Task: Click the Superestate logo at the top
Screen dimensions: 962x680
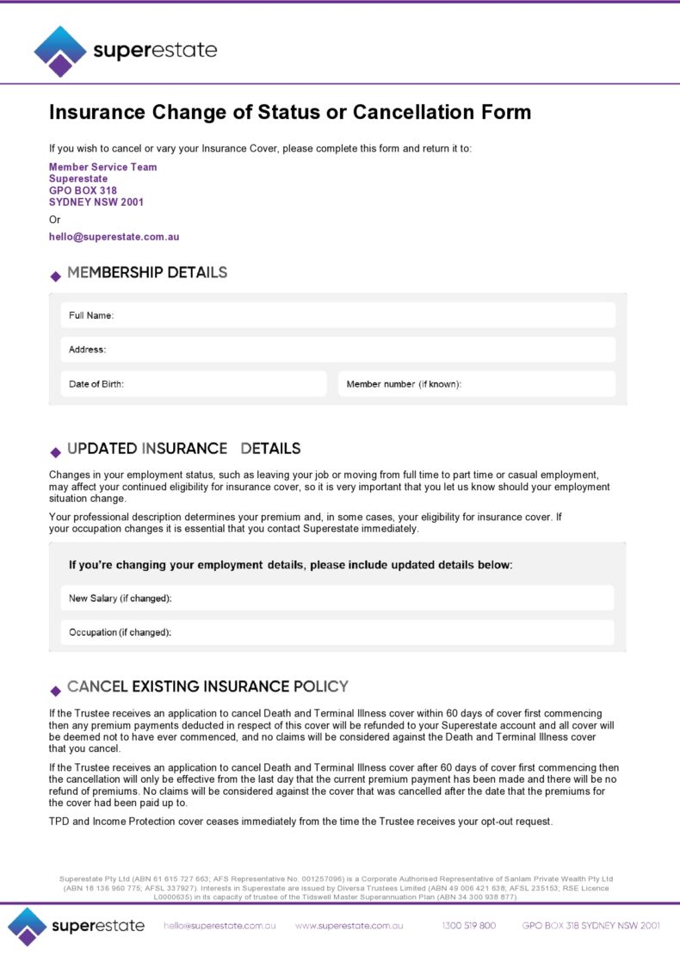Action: click(x=125, y=51)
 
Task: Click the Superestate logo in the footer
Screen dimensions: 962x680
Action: click(x=77, y=926)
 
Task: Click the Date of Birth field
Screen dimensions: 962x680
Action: click(x=194, y=384)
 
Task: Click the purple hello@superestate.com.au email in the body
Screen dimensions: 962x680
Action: click(x=114, y=237)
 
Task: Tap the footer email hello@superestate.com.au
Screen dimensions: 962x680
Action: click(x=219, y=926)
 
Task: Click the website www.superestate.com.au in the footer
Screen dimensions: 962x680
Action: click(x=349, y=926)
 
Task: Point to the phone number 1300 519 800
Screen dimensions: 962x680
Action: click(x=468, y=926)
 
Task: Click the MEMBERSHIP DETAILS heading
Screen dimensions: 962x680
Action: click(x=147, y=273)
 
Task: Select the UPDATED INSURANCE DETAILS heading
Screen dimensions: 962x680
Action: click(x=183, y=449)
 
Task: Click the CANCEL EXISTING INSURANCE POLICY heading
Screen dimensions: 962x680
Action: click(x=207, y=686)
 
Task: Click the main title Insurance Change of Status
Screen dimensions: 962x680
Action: click(x=289, y=113)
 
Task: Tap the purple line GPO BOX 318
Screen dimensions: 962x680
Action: click(x=83, y=190)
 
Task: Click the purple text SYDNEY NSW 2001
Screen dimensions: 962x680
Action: click(x=96, y=202)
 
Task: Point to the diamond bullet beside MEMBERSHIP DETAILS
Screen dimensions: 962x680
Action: click(x=56, y=276)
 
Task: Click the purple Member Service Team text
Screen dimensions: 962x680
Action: click(x=102, y=167)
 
